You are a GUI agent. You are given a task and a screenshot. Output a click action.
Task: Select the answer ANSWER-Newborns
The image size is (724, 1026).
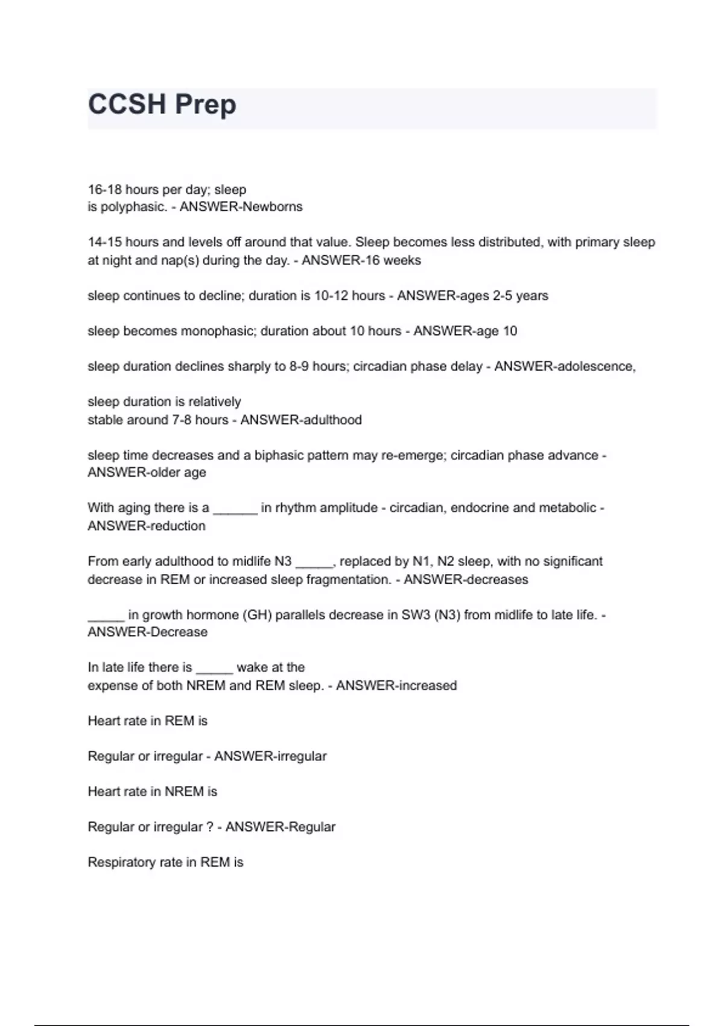[x=241, y=207]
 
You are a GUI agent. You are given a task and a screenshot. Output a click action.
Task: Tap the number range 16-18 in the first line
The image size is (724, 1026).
[x=104, y=190]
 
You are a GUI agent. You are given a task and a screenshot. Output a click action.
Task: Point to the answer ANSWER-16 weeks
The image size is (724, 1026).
[x=361, y=261]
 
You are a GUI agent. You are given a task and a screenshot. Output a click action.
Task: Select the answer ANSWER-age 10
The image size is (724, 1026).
[x=465, y=331]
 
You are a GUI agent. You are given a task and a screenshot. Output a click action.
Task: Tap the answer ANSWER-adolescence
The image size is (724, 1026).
[x=565, y=366]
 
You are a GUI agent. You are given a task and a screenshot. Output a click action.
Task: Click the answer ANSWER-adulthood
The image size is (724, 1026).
[x=301, y=420]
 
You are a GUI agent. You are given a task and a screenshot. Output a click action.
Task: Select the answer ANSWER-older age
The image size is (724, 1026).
[x=147, y=473]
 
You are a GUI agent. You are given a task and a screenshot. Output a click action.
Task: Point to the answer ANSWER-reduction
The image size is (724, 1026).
[x=147, y=526]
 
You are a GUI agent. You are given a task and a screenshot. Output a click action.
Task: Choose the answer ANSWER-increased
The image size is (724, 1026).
[x=396, y=686]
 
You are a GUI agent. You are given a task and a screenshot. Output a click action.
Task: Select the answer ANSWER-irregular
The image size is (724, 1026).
[x=270, y=757]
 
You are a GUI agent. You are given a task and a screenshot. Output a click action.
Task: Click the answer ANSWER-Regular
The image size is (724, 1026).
[x=281, y=827]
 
